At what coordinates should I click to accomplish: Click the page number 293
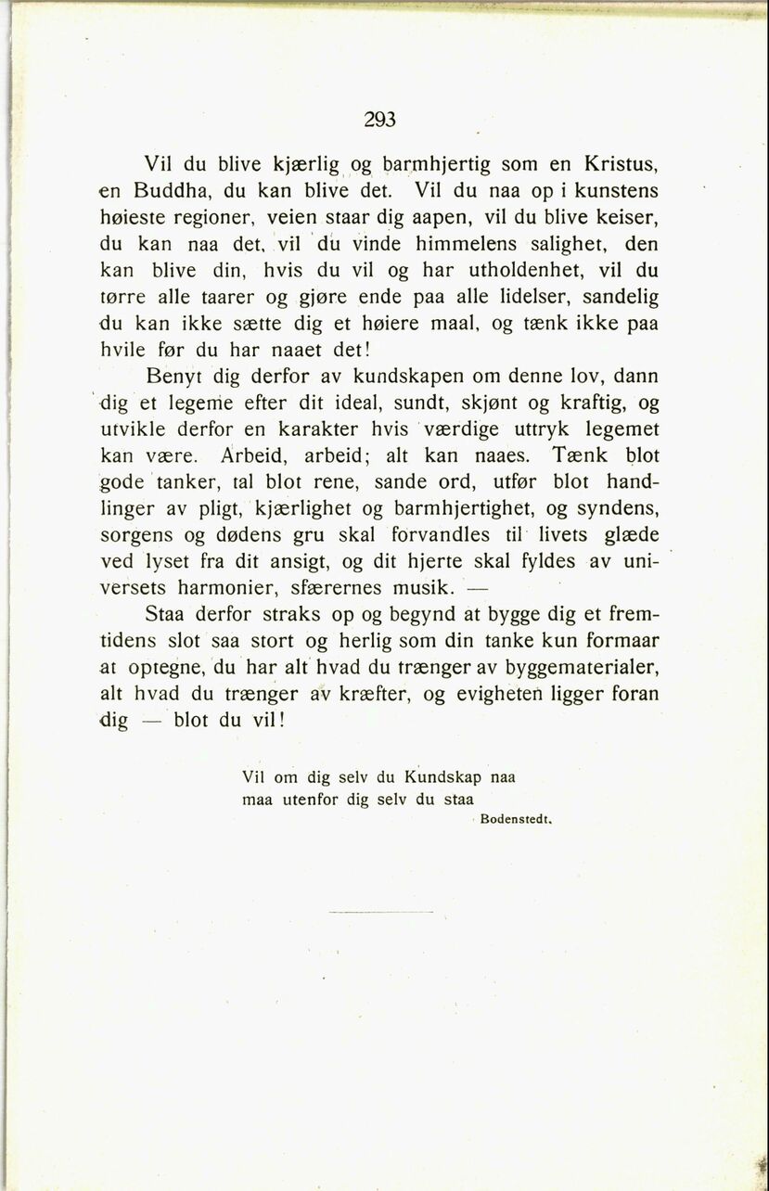tap(380, 119)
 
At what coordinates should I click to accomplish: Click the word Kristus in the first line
tap(620, 166)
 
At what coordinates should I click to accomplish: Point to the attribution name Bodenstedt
tap(518, 820)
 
